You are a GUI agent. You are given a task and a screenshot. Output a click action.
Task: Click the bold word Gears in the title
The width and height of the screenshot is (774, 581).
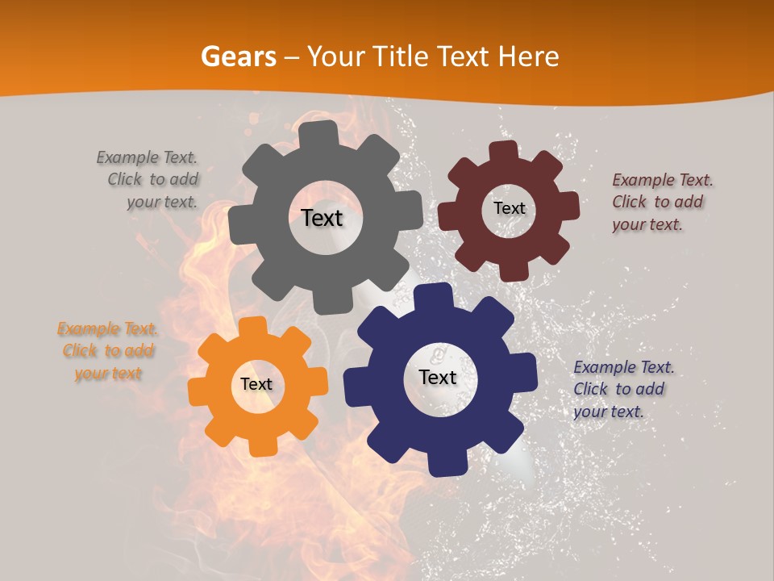click(237, 56)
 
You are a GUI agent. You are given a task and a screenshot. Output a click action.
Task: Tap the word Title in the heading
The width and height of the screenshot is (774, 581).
click(402, 56)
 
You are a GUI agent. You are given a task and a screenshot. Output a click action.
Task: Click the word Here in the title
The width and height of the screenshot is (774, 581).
click(529, 56)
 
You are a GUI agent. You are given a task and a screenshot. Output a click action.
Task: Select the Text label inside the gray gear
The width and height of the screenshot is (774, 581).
click(322, 218)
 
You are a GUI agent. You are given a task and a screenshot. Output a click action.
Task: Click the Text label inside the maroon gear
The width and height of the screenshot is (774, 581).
click(509, 208)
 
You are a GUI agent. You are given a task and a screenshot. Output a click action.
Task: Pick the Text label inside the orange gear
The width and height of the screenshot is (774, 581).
click(256, 385)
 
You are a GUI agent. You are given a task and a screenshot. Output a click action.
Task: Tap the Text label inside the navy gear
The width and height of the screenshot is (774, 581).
click(438, 377)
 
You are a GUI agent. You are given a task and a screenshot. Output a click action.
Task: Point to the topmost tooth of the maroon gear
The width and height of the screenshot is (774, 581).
click(504, 151)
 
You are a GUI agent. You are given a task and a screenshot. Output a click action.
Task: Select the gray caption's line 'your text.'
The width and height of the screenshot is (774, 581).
click(162, 202)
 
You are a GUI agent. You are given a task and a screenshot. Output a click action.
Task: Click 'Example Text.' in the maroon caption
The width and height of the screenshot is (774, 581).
click(663, 180)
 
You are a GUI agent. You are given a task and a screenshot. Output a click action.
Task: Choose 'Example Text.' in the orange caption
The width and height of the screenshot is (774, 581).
click(107, 328)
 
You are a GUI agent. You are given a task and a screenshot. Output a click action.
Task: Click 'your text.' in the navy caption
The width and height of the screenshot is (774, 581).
click(609, 412)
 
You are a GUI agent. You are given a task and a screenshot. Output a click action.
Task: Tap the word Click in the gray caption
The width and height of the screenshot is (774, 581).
click(125, 179)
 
